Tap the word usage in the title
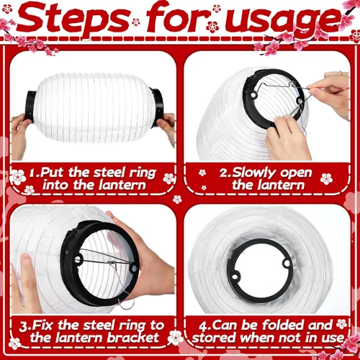pyautogui.click(x=283, y=20)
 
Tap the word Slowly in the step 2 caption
pyautogui.click(x=248, y=173)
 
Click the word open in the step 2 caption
pyautogui.click(x=296, y=174)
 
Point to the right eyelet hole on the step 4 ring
pyautogui.click(x=287, y=263)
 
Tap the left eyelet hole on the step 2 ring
pyautogui.click(x=253, y=96)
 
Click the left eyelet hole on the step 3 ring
pyautogui.click(x=78, y=259)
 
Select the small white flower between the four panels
pyautogui.click(x=177, y=199)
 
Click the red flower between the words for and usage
pyautogui.click(x=212, y=27)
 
